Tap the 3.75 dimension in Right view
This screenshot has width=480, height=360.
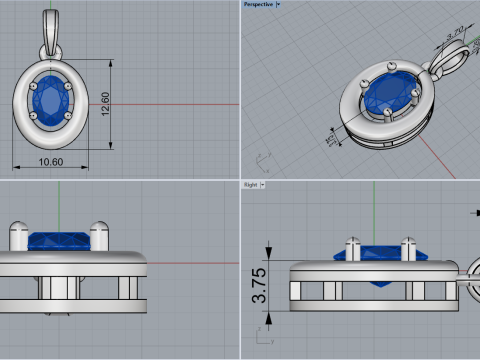[258, 285]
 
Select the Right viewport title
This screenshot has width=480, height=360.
[250, 185]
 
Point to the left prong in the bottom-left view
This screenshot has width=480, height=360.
[18, 236]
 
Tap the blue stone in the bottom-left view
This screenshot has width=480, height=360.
[60, 241]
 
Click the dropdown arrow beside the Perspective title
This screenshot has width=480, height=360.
[278, 4]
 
